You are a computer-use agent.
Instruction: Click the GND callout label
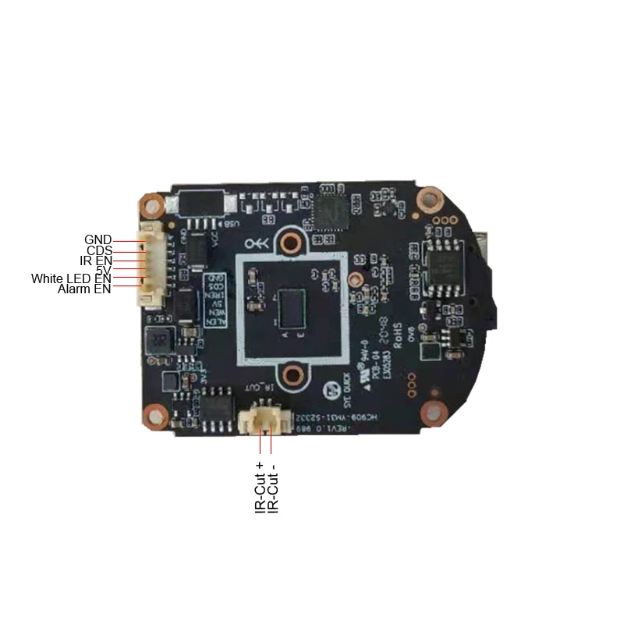pyautogui.click(x=97, y=239)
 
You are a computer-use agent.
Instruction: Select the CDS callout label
pyautogui.click(x=99, y=250)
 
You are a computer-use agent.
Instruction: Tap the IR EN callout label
pyautogui.click(x=97, y=261)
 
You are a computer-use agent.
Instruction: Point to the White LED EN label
pyautogui.click(x=71, y=278)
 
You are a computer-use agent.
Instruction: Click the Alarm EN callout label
pyautogui.click(x=84, y=289)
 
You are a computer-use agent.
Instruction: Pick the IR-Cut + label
pyautogui.click(x=261, y=484)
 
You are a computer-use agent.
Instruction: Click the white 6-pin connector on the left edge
pyautogui.click(x=149, y=262)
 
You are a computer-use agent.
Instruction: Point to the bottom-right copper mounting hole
pyautogui.click(x=431, y=413)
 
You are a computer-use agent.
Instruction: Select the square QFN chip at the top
pyautogui.click(x=330, y=209)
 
